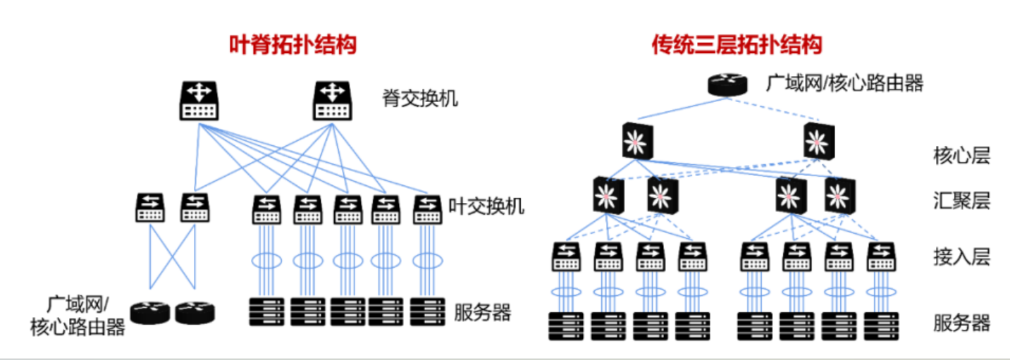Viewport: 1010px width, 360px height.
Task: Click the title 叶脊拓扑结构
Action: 292,46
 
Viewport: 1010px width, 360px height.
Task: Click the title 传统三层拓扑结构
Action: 737,46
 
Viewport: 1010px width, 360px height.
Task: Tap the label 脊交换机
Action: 420,98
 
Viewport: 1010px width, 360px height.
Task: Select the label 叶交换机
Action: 486,206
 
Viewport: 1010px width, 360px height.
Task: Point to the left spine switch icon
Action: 199,100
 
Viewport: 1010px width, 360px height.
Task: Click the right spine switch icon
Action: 333,100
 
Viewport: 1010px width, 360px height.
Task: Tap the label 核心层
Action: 962,156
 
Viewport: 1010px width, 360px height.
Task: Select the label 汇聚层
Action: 962,201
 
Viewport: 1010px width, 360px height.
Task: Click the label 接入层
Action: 962,256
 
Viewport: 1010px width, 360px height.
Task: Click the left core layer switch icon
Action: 639,141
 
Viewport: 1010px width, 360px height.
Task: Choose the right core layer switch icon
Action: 818,141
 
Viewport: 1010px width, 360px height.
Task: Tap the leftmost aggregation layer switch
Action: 608,195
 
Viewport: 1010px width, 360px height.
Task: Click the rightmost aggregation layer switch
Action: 839,195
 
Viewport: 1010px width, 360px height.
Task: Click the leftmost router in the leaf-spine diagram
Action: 150,312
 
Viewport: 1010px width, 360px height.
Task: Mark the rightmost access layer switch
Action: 881,256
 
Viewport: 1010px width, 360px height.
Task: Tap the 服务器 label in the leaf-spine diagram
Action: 482,312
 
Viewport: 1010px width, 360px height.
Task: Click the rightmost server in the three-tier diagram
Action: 882,325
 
